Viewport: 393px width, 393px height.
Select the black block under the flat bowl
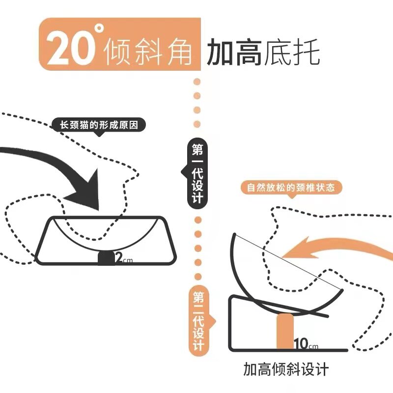click(105, 258)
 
